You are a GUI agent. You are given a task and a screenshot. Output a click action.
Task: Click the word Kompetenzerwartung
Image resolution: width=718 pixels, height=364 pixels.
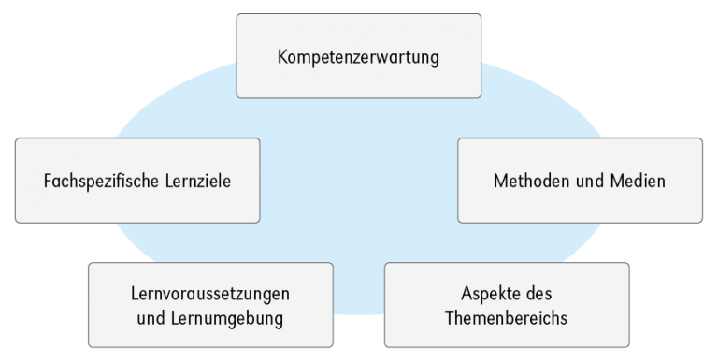point(358,57)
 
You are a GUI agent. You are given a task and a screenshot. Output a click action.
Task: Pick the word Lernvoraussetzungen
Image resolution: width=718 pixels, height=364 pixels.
point(210,294)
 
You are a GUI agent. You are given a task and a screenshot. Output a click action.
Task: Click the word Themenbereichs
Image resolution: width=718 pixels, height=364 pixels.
point(508,318)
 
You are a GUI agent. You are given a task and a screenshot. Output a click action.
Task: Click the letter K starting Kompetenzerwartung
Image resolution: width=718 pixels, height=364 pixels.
point(282,57)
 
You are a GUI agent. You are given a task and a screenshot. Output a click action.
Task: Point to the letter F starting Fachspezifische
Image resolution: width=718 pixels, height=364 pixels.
point(47,182)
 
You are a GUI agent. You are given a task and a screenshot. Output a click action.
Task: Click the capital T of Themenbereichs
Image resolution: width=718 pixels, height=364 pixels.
point(452,318)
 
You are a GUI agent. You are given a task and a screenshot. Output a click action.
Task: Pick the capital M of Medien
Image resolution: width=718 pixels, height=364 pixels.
point(616,182)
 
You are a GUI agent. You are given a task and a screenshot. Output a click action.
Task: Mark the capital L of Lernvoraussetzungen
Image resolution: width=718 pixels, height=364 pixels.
point(135,294)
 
